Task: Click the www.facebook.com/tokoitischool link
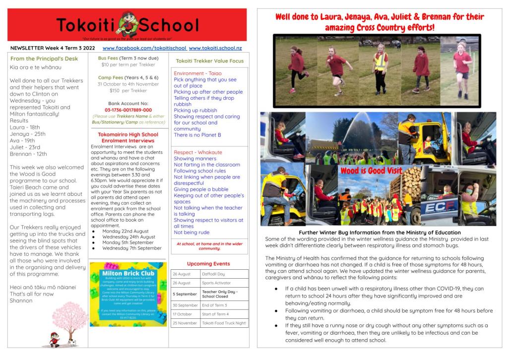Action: (144, 48)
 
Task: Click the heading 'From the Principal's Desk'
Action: (44, 59)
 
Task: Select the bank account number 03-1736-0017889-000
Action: (128, 110)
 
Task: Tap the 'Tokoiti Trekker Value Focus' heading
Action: (209, 61)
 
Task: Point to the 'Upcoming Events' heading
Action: (208, 264)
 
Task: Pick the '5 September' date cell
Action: (185, 294)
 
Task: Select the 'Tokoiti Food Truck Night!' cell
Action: (224, 323)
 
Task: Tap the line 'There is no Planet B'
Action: (197, 135)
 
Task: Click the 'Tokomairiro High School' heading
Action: (128, 134)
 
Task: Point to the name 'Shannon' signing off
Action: (21, 300)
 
